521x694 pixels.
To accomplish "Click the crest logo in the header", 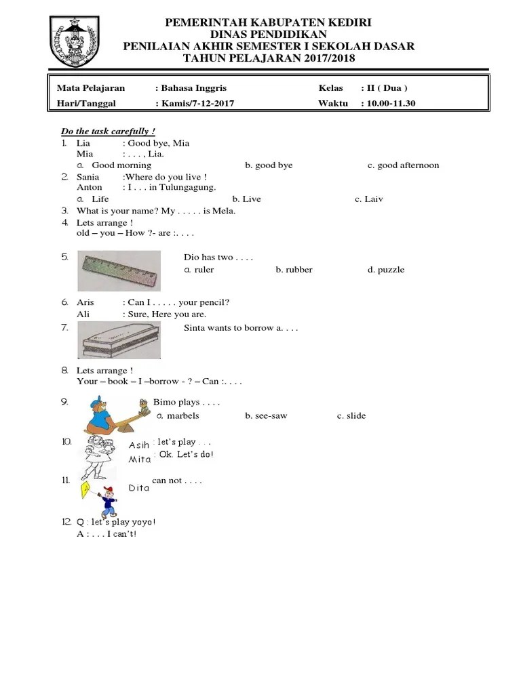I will point(75,42).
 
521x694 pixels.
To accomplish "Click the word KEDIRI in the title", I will point(347,23).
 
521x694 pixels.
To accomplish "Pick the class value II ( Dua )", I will point(385,88).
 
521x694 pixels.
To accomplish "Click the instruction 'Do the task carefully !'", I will point(109,131).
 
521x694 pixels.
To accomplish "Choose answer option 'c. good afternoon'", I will point(403,165).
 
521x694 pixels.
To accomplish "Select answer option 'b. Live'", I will point(246,199).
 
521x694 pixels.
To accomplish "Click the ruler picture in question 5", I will point(119,270).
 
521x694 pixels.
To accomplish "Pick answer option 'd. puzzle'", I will point(386,270).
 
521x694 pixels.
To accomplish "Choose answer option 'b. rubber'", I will point(294,270).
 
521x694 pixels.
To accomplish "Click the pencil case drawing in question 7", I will point(119,340).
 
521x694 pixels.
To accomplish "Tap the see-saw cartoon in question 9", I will point(115,415).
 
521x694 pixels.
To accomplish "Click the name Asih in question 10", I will point(139,445).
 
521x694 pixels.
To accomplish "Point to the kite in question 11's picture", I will point(85,491).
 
